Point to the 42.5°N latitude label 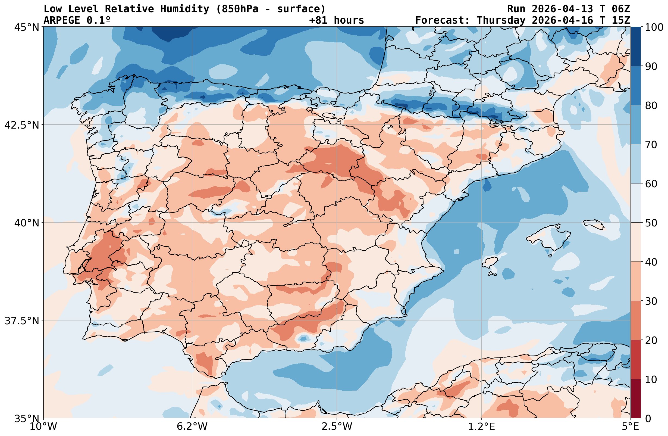22,125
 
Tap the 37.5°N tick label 22,320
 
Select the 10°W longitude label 43,427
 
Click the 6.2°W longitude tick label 192,427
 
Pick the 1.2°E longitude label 481,427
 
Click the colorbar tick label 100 654,27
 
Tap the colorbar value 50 651,223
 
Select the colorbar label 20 651,341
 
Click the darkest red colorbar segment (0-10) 636,399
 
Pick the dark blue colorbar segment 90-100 636,46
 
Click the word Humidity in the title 185,9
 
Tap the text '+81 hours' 336,20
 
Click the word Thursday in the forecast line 501,20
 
